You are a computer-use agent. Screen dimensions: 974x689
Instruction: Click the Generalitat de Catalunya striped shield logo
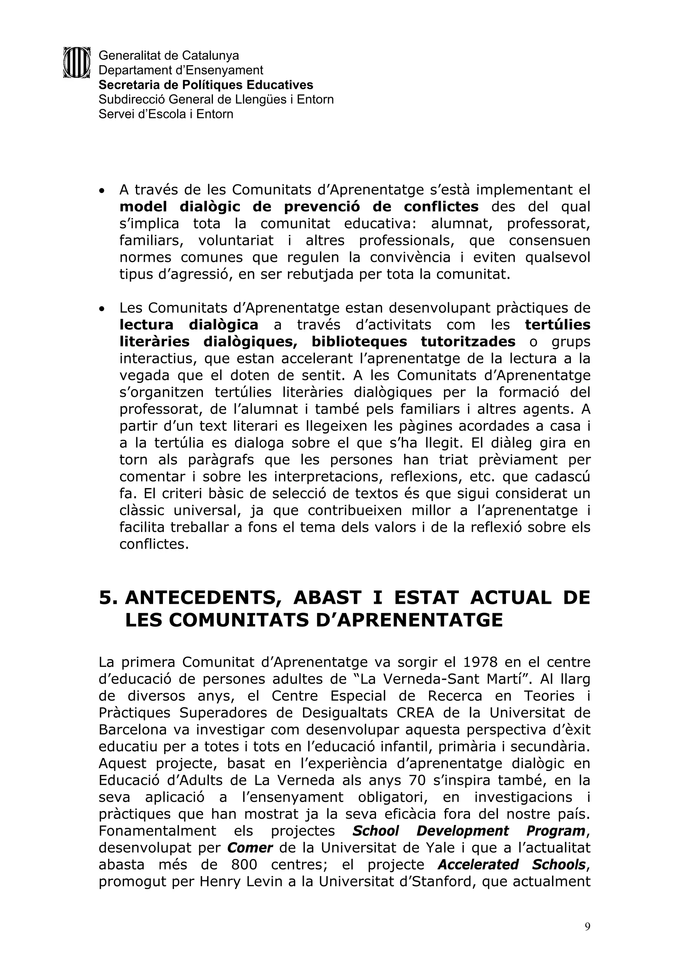coord(77,62)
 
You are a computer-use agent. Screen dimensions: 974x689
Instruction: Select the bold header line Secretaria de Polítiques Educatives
coord(206,85)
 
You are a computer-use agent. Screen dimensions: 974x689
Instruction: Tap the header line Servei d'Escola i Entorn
coord(166,114)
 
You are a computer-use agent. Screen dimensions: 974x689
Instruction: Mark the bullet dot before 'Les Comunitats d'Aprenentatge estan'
coord(102,310)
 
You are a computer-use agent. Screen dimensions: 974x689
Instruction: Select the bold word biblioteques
coord(359,342)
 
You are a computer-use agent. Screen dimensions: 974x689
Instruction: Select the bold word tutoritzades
coord(468,342)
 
